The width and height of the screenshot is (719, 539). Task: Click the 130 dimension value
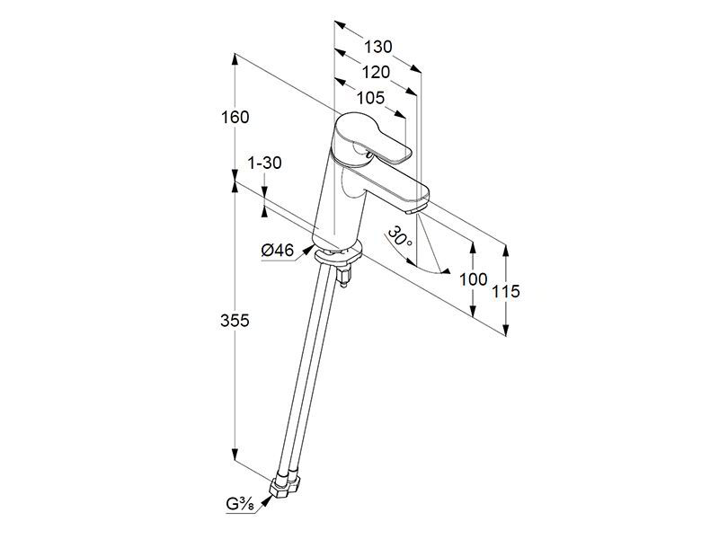pyautogui.click(x=378, y=47)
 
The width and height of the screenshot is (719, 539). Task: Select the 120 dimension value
pyautogui.click(x=376, y=72)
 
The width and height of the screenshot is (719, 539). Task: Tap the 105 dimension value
pyautogui.click(x=370, y=98)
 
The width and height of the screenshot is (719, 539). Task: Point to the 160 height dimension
pyautogui.click(x=235, y=118)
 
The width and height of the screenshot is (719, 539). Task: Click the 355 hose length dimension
pyautogui.click(x=235, y=321)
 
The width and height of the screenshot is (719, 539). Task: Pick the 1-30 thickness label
pyautogui.click(x=264, y=163)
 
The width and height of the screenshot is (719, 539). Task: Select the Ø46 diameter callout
pyautogui.click(x=278, y=251)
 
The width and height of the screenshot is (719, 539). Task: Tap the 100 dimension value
pyautogui.click(x=474, y=278)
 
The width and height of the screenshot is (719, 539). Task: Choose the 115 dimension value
pyautogui.click(x=506, y=291)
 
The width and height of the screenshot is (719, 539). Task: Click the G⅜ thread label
pyautogui.click(x=239, y=505)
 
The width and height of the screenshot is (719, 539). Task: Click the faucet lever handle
pyautogui.click(x=372, y=137)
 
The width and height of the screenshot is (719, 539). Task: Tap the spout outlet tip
pyautogui.click(x=416, y=209)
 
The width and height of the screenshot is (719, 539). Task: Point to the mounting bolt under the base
pyautogui.click(x=344, y=277)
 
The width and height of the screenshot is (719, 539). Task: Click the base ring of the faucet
pyautogui.click(x=338, y=254)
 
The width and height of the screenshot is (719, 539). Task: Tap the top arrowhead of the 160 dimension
pyautogui.click(x=235, y=58)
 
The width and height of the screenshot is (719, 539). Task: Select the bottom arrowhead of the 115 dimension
pyautogui.click(x=506, y=330)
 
